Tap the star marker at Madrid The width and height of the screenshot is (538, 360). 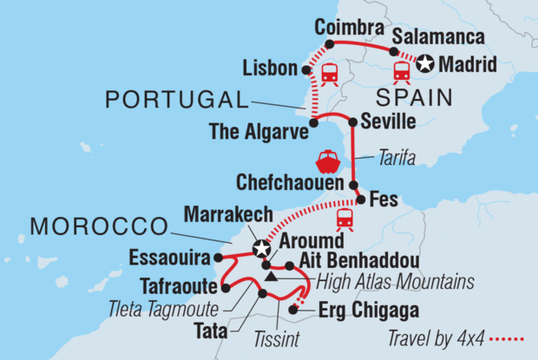coord(424,63)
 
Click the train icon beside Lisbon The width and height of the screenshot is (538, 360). coord(329,75)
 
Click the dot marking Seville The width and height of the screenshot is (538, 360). coord(351,121)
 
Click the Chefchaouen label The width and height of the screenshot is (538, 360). coord(292,184)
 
